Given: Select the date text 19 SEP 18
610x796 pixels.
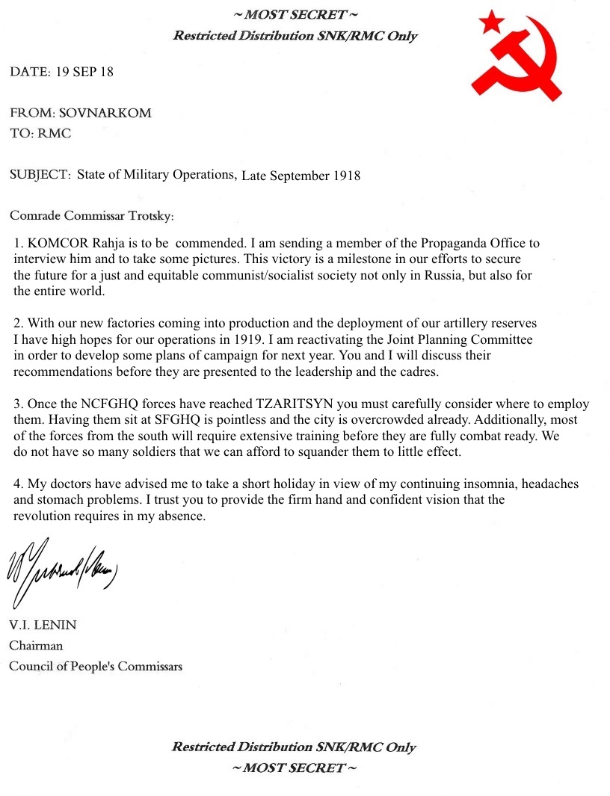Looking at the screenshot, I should tap(84, 72).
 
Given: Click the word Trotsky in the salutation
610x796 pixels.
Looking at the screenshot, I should tap(150, 216).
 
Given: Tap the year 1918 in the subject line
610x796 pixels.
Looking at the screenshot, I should tap(343, 176).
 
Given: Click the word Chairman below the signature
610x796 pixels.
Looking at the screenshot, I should tap(36, 645).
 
